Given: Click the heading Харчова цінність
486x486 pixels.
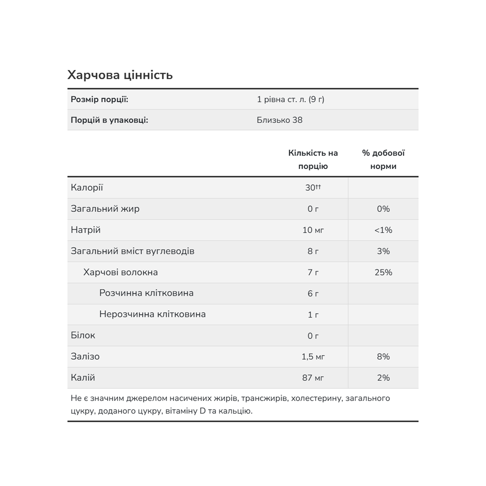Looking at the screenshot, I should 120,75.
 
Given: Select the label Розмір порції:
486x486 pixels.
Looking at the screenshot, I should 99,99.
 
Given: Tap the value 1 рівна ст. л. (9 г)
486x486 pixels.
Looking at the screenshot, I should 291,99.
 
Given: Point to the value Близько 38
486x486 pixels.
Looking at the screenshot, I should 279,120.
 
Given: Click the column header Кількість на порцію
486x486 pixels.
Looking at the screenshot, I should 313,160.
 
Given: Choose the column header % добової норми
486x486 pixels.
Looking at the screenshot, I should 383,160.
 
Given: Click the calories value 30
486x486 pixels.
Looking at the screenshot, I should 310,188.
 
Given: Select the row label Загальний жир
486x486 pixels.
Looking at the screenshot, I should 105,209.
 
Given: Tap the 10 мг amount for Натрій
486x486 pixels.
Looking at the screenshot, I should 313,230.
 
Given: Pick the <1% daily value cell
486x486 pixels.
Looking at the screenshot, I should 383,230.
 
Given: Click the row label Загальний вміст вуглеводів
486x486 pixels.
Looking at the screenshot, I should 132,251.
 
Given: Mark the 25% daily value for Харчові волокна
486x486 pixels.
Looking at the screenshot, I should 383,272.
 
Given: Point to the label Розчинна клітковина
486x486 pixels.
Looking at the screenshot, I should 146,293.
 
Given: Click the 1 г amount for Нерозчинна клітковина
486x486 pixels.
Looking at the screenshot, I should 313,315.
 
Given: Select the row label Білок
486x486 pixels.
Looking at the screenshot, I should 83,335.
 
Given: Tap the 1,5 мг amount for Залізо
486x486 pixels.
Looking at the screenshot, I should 313,357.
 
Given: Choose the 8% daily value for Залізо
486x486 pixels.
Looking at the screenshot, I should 383,357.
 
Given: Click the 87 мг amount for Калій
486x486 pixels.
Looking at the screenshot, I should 313,378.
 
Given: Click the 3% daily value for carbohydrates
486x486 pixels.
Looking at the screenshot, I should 383,251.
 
